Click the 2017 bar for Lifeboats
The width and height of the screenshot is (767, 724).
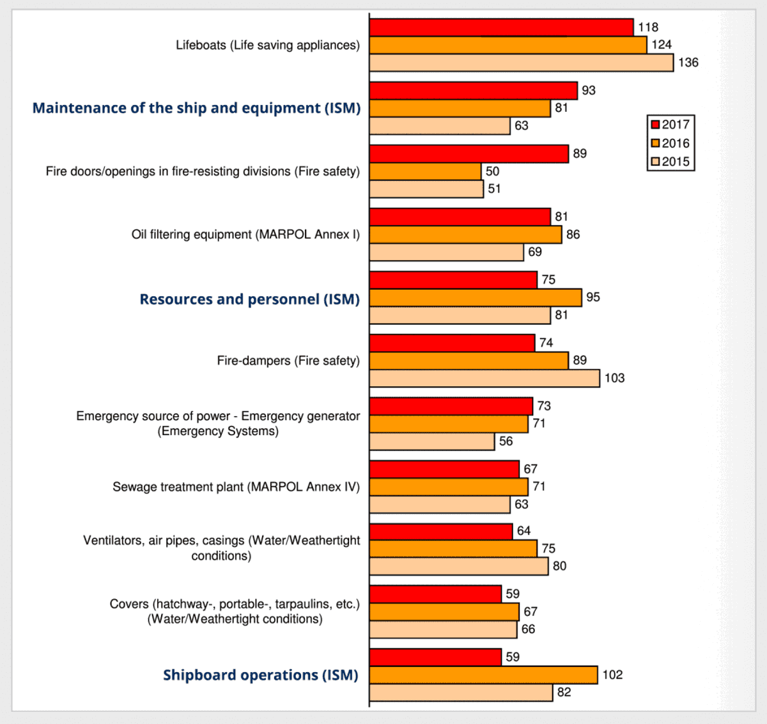point(501,28)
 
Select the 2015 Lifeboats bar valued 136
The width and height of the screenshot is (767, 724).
point(521,63)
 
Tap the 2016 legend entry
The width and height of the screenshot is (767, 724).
point(670,143)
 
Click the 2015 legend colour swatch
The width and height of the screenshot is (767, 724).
point(655,162)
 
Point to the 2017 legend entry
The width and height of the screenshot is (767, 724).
point(670,125)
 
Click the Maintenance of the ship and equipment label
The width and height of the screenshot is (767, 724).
point(196,108)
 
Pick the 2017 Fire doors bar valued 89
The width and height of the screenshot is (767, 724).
point(469,154)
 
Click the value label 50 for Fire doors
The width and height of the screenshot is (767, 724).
point(492,171)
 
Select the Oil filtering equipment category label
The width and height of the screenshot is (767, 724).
point(245,235)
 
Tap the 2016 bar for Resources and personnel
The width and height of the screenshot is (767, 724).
point(476,298)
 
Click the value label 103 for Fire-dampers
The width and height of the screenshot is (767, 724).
point(614,378)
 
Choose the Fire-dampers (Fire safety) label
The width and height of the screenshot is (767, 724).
point(288,361)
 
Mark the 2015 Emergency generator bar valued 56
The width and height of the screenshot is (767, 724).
point(432,442)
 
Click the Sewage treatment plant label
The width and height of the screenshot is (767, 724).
point(236,487)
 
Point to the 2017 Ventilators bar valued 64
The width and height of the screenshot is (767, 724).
point(441,531)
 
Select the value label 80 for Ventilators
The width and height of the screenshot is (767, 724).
point(559,566)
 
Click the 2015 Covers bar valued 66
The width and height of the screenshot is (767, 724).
point(443,630)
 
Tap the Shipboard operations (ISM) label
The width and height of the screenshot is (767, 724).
point(261,675)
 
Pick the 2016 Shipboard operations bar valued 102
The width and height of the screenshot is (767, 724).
point(483,675)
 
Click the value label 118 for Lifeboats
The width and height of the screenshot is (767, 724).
point(647,28)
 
